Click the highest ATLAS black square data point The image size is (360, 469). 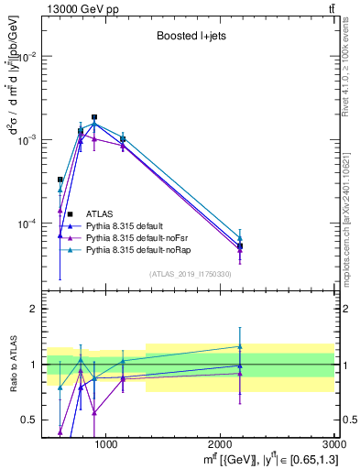pos(94,117)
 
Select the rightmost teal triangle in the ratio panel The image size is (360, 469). pos(240,346)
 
